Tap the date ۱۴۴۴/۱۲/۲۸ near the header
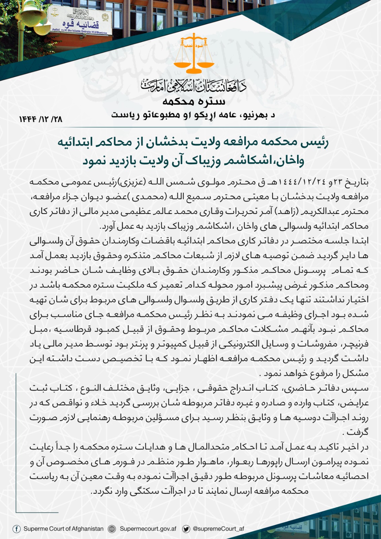point(40,119)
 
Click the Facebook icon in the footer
point(16,529)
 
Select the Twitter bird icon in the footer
point(186,529)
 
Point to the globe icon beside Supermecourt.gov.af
point(112,529)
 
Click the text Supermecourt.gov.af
point(148,529)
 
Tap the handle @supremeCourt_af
point(218,529)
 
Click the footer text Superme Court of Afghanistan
point(63,529)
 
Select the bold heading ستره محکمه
point(194,101)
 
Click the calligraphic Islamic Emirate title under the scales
point(194,86)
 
